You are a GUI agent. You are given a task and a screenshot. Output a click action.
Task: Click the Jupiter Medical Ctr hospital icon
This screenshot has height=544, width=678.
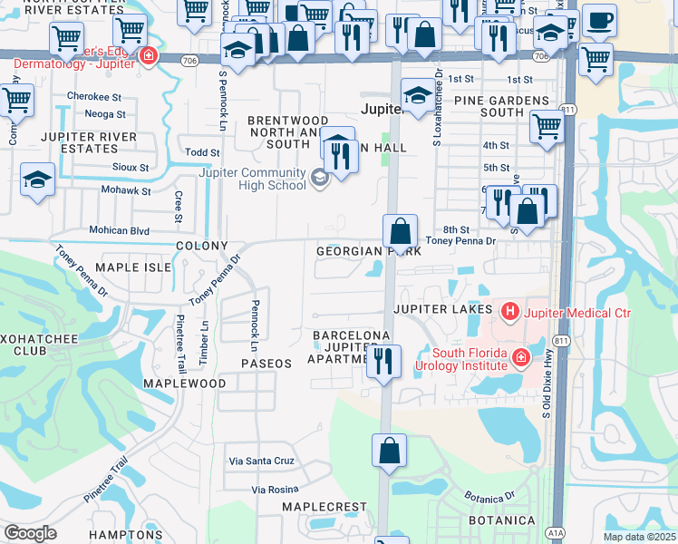click(x=509, y=313)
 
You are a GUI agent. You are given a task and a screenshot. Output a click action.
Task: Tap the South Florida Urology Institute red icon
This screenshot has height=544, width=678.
click(x=520, y=358)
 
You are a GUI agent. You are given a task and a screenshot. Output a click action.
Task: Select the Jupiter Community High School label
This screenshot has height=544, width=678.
click(x=258, y=179)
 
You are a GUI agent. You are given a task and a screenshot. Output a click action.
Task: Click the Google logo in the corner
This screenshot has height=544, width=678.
click(x=30, y=532)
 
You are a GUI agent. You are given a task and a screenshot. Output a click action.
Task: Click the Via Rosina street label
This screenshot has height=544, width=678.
click(x=275, y=490)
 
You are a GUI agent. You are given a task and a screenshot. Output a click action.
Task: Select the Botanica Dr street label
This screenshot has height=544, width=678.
click(x=489, y=497)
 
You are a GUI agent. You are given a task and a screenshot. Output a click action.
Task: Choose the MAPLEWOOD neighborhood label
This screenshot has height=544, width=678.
click(x=184, y=384)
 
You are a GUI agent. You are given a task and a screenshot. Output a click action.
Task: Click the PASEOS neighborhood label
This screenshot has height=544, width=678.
click(x=266, y=363)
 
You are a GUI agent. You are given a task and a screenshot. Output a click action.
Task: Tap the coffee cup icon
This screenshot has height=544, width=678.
click(x=599, y=20)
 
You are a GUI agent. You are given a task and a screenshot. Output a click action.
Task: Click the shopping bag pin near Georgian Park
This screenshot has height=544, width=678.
click(x=400, y=232)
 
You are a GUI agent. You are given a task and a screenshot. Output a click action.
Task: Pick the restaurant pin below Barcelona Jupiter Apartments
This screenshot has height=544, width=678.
click(x=384, y=362)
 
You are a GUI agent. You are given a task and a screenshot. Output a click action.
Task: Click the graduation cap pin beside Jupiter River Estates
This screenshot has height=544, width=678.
click(x=38, y=180)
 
